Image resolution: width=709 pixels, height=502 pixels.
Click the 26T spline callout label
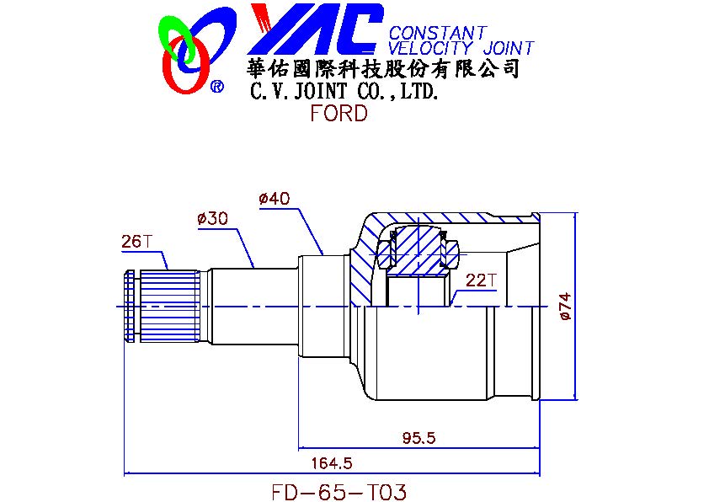(x=136, y=242)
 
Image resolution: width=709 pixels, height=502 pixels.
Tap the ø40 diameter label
(x=275, y=199)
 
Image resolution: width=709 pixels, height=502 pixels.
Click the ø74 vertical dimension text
(x=564, y=308)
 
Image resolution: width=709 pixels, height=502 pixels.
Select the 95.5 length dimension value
(x=418, y=438)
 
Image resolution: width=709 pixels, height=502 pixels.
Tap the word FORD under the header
(x=339, y=114)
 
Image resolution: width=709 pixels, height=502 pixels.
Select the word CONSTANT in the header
(x=437, y=34)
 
